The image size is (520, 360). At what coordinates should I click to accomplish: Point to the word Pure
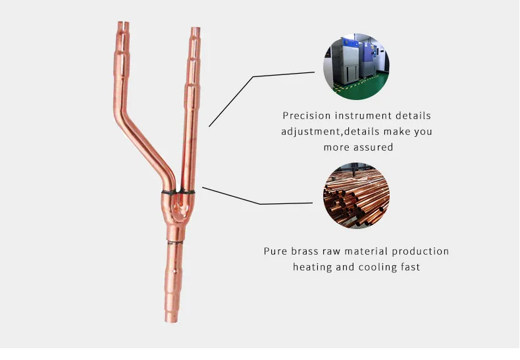point(276,251)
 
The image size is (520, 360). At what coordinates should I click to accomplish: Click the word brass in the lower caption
point(309,251)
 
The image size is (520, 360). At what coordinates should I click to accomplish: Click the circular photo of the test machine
point(356,64)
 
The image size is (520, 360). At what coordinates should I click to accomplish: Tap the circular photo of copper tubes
point(356,196)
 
